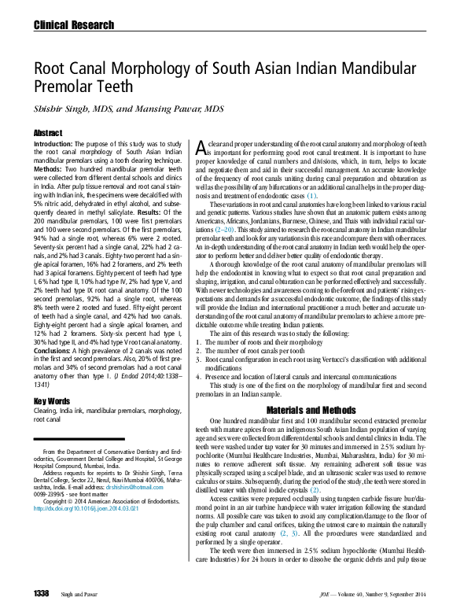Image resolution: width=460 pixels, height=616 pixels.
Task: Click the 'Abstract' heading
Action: [x=48, y=134]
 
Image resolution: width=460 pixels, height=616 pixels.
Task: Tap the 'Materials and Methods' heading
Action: [x=311, y=411]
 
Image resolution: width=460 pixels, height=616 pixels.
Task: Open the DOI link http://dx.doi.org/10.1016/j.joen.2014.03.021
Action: [x=86, y=509]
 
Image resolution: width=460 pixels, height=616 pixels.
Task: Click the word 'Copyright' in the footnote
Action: [x=57, y=501]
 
